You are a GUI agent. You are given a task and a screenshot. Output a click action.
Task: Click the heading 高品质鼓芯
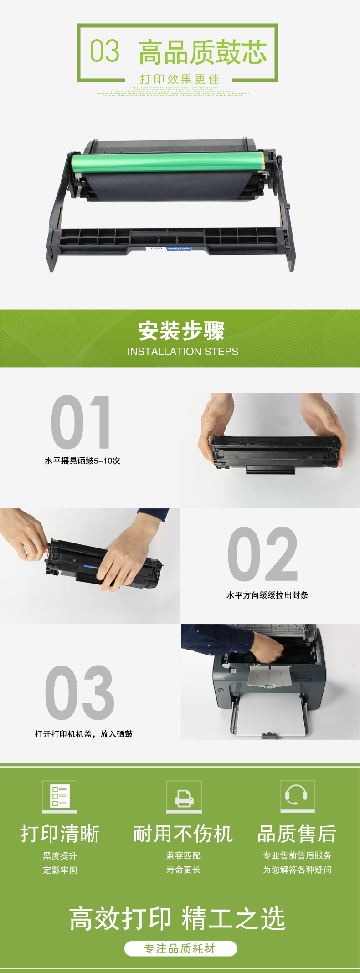(x=202, y=52)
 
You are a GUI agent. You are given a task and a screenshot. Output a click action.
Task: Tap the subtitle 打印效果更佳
(x=180, y=79)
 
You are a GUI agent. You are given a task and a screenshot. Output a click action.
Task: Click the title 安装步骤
(x=181, y=331)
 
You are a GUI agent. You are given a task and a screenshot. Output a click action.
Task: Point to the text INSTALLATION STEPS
(x=183, y=352)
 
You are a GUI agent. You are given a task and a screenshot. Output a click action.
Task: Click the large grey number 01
(x=81, y=422)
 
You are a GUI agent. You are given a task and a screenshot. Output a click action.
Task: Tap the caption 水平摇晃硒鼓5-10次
(x=82, y=461)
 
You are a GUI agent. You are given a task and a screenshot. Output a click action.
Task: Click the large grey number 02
(x=263, y=554)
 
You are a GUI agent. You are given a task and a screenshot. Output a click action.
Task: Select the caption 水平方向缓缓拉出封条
(x=267, y=595)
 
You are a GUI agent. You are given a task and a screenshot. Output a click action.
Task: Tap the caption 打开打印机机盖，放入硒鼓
(x=84, y=734)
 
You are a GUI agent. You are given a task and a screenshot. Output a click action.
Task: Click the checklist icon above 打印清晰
(x=60, y=796)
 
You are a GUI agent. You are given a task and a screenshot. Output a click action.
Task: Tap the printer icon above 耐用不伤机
(x=184, y=797)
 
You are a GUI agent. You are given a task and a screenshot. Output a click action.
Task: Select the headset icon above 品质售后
(x=298, y=796)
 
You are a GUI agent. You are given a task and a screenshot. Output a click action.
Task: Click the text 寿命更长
(x=184, y=870)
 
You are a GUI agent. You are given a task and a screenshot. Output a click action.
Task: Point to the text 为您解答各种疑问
(x=297, y=870)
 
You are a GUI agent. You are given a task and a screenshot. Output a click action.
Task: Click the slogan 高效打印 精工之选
(x=177, y=918)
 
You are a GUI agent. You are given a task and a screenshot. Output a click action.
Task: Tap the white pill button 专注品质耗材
(x=180, y=948)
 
